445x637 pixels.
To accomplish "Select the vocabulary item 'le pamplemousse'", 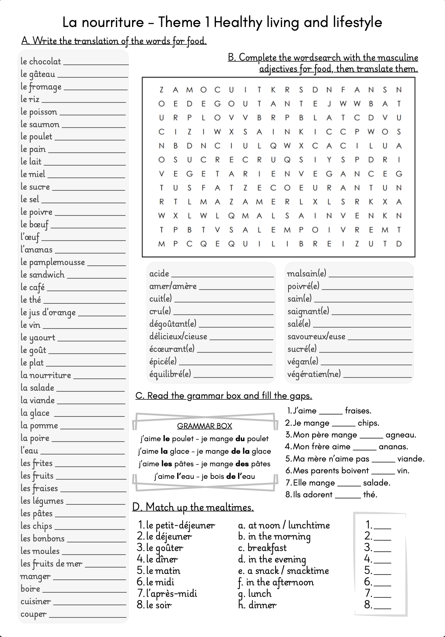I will [52, 262].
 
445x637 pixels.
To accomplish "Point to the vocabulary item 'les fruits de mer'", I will [51, 564].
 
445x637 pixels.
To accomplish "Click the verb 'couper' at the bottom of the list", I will [33, 614].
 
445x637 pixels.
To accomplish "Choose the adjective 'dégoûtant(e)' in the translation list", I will [173, 324].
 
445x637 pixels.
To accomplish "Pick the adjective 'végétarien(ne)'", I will [314, 374].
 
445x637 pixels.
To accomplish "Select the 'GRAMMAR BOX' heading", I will [204, 426].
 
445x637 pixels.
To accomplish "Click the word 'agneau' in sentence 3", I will [401, 435].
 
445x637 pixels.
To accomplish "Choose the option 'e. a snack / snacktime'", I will [283, 571].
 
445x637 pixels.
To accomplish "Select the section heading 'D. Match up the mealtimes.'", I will [193, 507].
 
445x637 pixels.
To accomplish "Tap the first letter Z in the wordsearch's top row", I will [161, 90].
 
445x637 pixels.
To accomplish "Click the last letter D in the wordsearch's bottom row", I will [399, 244].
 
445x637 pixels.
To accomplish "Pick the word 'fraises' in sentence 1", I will [358, 411].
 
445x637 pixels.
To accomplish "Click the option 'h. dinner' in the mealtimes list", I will [257, 605].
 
